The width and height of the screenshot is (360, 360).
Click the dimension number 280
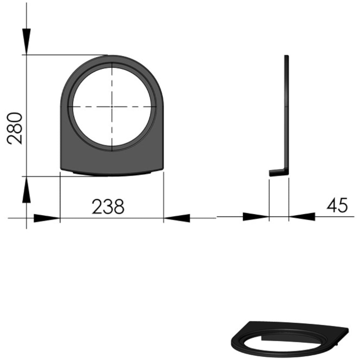(x=15, y=129)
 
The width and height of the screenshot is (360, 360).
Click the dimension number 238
(x=108, y=207)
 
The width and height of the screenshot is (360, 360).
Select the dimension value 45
(x=337, y=205)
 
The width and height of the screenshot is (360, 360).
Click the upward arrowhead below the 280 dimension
(x=26, y=190)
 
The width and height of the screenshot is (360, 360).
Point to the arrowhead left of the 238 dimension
(x=47, y=218)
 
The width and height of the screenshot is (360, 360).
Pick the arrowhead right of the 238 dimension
(x=177, y=218)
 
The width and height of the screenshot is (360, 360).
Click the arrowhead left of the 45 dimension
(x=256, y=217)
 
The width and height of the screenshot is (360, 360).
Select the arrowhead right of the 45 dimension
(x=302, y=217)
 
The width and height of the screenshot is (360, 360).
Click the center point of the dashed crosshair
(x=112, y=107)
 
